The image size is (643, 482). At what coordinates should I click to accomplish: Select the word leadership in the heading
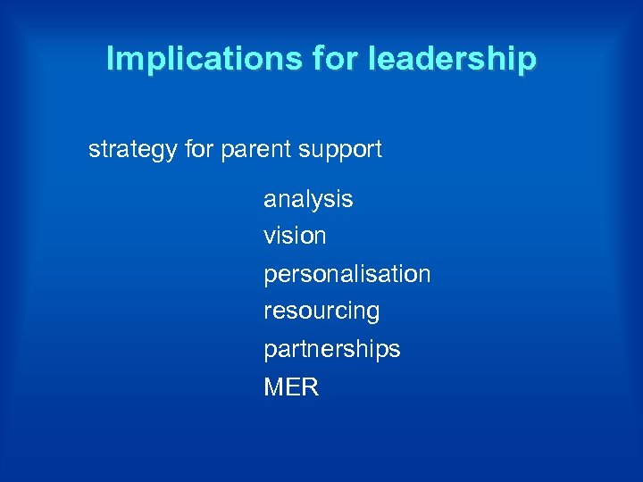coord(451,59)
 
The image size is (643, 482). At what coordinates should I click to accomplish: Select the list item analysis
coord(308,200)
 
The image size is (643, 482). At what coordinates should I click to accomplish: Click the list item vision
coord(295,237)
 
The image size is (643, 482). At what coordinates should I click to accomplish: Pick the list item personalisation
coord(347,274)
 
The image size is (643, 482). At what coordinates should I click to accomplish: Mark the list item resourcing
coord(321,312)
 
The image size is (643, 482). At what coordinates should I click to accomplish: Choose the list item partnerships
coord(332,349)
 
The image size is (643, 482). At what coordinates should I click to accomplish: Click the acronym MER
coord(291,387)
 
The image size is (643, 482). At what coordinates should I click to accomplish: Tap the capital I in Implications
coord(110,59)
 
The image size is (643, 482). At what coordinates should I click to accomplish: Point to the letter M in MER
coord(273,387)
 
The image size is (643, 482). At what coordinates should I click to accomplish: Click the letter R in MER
coord(310,387)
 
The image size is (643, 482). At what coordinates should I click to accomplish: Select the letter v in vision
coord(269,237)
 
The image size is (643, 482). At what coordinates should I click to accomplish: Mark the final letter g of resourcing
coord(372,313)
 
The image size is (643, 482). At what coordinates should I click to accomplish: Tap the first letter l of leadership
coord(369,59)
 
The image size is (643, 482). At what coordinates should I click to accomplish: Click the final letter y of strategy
coord(171,152)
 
